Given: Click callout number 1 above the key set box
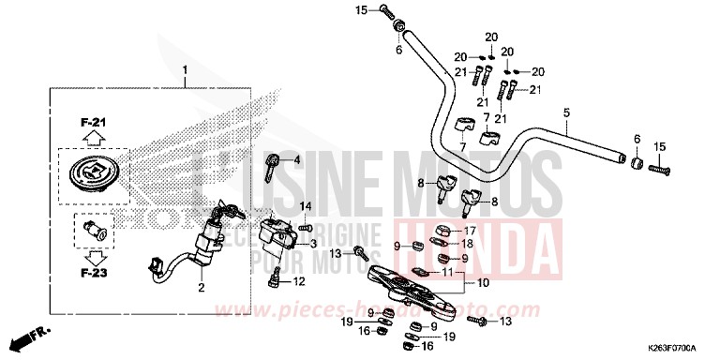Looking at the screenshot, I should click(186, 71).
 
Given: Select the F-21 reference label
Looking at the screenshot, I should click(91, 122).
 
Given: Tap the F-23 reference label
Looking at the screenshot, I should click(91, 274).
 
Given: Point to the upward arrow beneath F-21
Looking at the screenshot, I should click(91, 138).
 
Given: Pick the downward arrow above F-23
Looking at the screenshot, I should click(91, 256).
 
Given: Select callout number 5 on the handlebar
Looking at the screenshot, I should click(566, 112).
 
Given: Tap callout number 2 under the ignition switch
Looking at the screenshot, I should click(201, 288).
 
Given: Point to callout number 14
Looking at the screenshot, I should click(305, 206).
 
